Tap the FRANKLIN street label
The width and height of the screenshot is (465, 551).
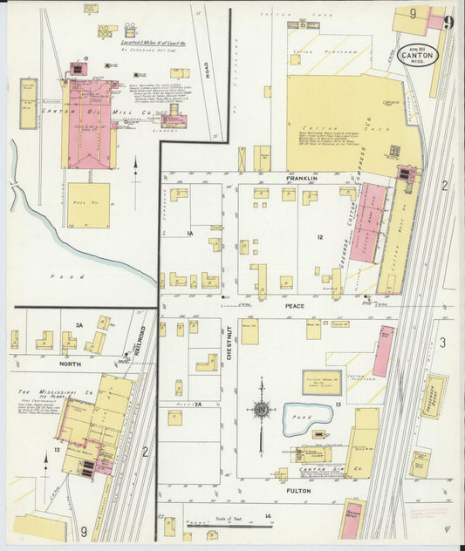[x=300, y=178]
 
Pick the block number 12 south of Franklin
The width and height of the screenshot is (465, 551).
[x=320, y=237]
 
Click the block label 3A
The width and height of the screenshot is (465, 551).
[x=78, y=325]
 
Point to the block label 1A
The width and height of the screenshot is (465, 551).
[x=188, y=234]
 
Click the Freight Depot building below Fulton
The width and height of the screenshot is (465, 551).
[x=351, y=521]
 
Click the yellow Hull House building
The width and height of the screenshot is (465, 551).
[x=88, y=205]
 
